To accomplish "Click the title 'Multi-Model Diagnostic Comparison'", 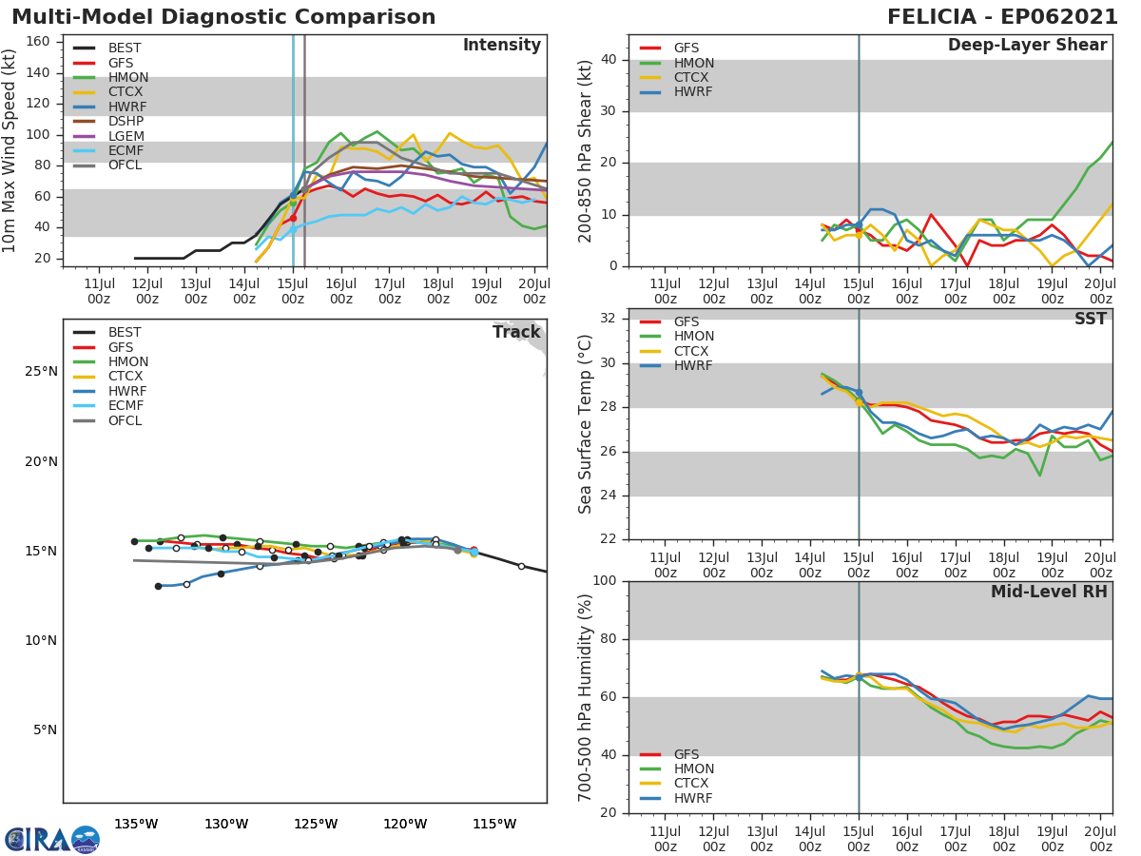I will tap(223, 17).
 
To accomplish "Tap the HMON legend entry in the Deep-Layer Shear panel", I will tap(692, 63).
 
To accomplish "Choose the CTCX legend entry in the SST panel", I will tap(693, 351).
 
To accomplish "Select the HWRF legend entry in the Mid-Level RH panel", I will tap(693, 798).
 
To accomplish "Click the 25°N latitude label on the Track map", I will tap(40, 372).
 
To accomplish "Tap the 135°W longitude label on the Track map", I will tap(136, 823).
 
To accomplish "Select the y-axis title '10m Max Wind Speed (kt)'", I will tap(10, 151).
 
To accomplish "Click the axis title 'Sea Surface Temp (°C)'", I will tap(587, 424).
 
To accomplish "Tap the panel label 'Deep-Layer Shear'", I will tap(1027, 46).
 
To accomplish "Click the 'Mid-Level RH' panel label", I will tap(1049, 592).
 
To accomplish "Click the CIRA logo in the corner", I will tap(51, 839).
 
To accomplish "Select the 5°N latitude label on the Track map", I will tap(44, 730).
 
